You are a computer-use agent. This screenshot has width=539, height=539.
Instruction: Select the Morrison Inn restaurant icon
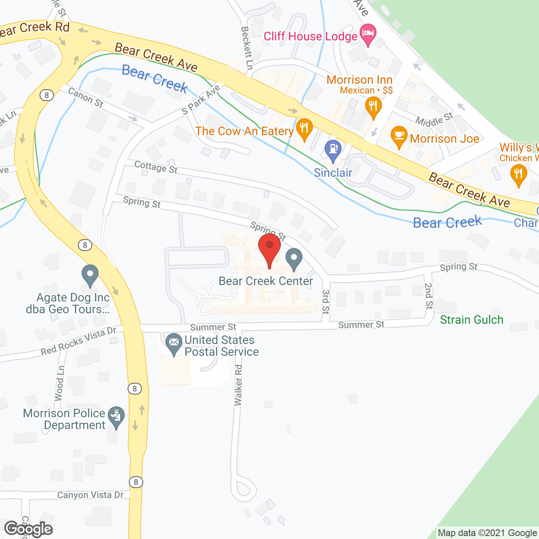(373, 106)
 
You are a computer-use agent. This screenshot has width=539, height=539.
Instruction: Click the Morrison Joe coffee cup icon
(399, 136)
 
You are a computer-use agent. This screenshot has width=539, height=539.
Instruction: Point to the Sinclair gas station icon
(333, 149)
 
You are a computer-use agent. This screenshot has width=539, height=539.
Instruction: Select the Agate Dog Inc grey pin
(90, 274)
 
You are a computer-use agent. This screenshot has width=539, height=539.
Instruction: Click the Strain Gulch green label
(472, 320)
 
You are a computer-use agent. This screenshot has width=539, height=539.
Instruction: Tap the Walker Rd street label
(238, 385)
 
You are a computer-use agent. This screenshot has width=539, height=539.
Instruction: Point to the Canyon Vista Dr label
(91, 495)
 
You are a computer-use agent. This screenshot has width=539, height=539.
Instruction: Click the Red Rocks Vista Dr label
(78, 341)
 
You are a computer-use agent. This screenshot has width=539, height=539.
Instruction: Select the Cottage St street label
(156, 167)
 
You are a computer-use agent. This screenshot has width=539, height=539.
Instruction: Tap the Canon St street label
(85, 97)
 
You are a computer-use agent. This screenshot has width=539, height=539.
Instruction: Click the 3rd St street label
(326, 302)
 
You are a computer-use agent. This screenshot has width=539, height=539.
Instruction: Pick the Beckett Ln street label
(246, 48)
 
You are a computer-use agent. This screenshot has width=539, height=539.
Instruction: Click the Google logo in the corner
(29, 529)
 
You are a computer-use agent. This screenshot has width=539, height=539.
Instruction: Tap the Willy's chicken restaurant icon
(518, 174)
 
